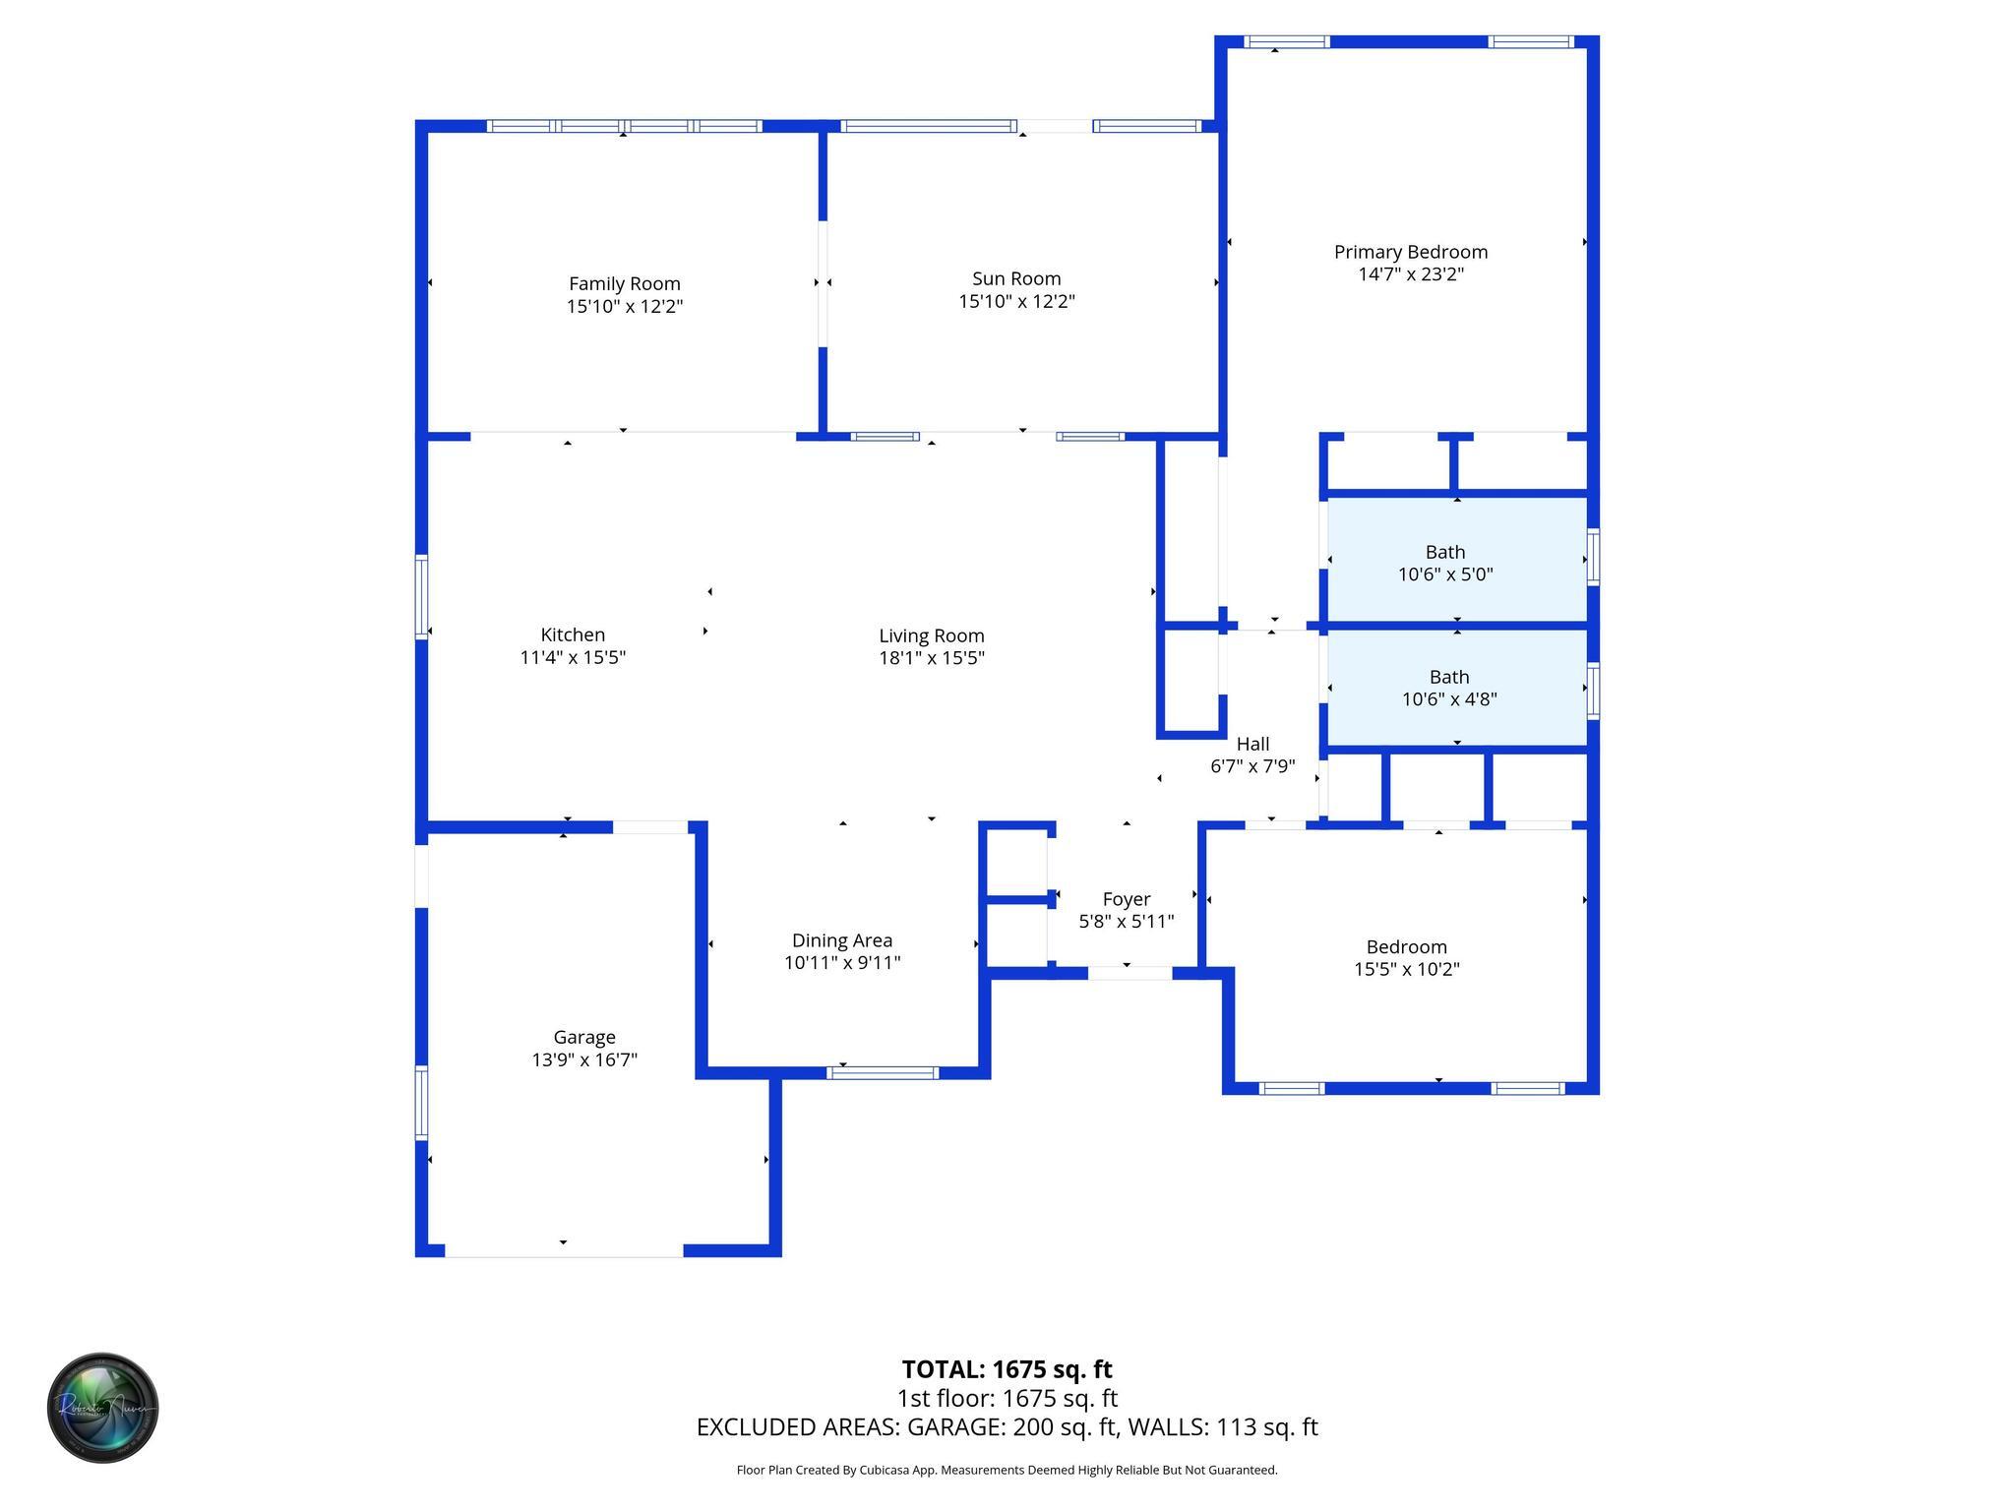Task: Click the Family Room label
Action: click(624, 284)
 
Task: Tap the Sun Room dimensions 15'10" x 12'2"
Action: click(1016, 302)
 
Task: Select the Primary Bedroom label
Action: click(1410, 252)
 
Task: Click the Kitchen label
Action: click(573, 635)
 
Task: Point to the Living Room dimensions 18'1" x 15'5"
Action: click(931, 658)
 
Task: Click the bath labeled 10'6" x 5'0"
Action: click(1444, 563)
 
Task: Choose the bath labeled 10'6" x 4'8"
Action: click(1448, 688)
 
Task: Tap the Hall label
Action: click(1252, 744)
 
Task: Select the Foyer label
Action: click(1126, 899)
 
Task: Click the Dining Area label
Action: click(841, 940)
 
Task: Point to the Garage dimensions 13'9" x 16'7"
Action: click(584, 1059)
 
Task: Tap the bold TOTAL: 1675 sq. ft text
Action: click(1007, 1369)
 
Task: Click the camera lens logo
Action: click(102, 1408)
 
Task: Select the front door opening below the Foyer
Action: click(1129, 973)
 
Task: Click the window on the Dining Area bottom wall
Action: click(882, 1072)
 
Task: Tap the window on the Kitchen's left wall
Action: click(422, 596)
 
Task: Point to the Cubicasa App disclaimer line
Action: click(1007, 1470)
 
